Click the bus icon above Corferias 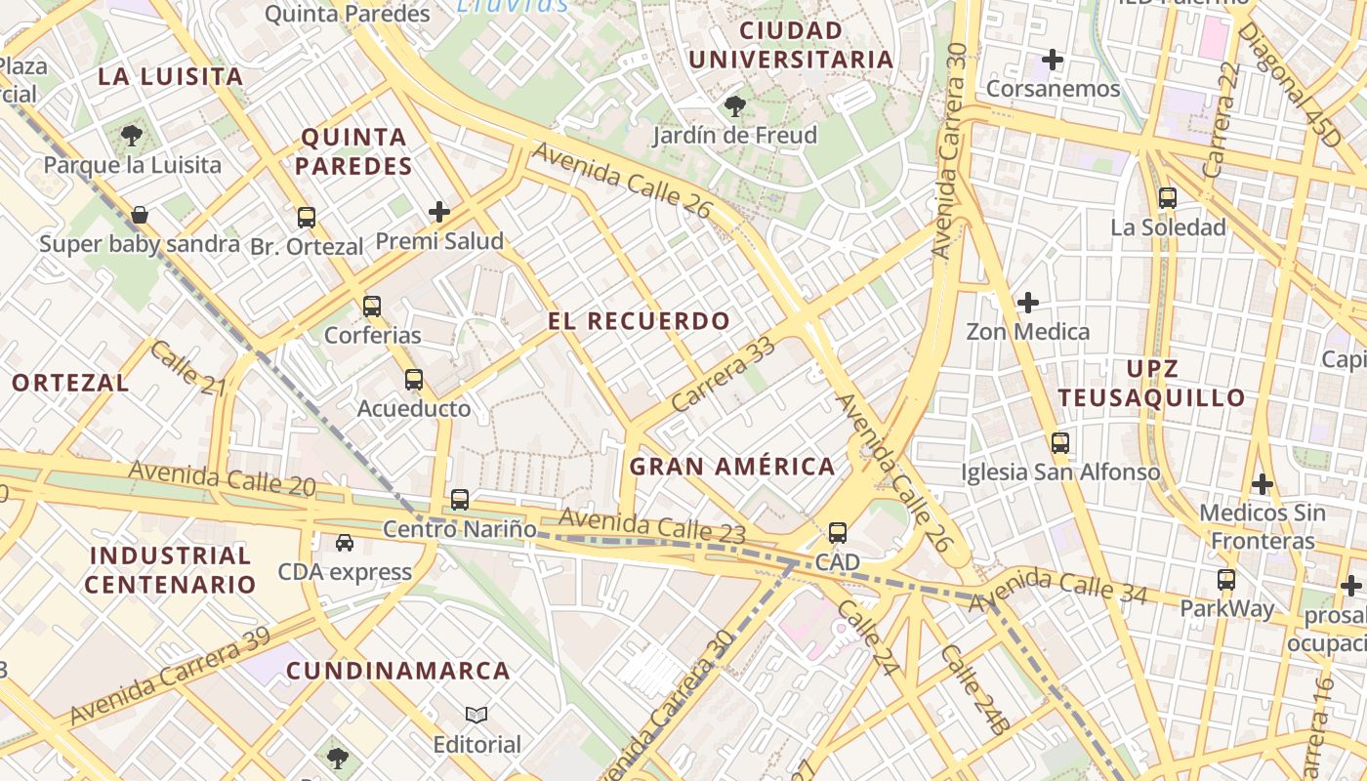[x=371, y=307]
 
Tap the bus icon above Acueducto [x=414, y=380]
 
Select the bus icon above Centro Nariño [x=460, y=500]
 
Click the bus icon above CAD [x=838, y=533]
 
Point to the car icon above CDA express [x=345, y=542]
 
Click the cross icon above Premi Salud [x=439, y=211]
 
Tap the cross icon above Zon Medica [x=1027, y=303]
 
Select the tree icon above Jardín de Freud [x=734, y=105]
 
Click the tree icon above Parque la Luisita [x=132, y=136]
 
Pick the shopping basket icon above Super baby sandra [x=140, y=215]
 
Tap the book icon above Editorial [x=476, y=716]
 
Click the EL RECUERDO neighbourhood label [x=639, y=321]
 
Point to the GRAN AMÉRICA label [x=732, y=467]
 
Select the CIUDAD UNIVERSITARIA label [x=791, y=45]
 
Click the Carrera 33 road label [x=723, y=374]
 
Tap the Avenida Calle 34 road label [x=1057, y=589]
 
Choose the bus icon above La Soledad [x=1167, y=198]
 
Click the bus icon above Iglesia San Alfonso [x=1060, y=443]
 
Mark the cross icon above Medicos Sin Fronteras [x=1262, y=483]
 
